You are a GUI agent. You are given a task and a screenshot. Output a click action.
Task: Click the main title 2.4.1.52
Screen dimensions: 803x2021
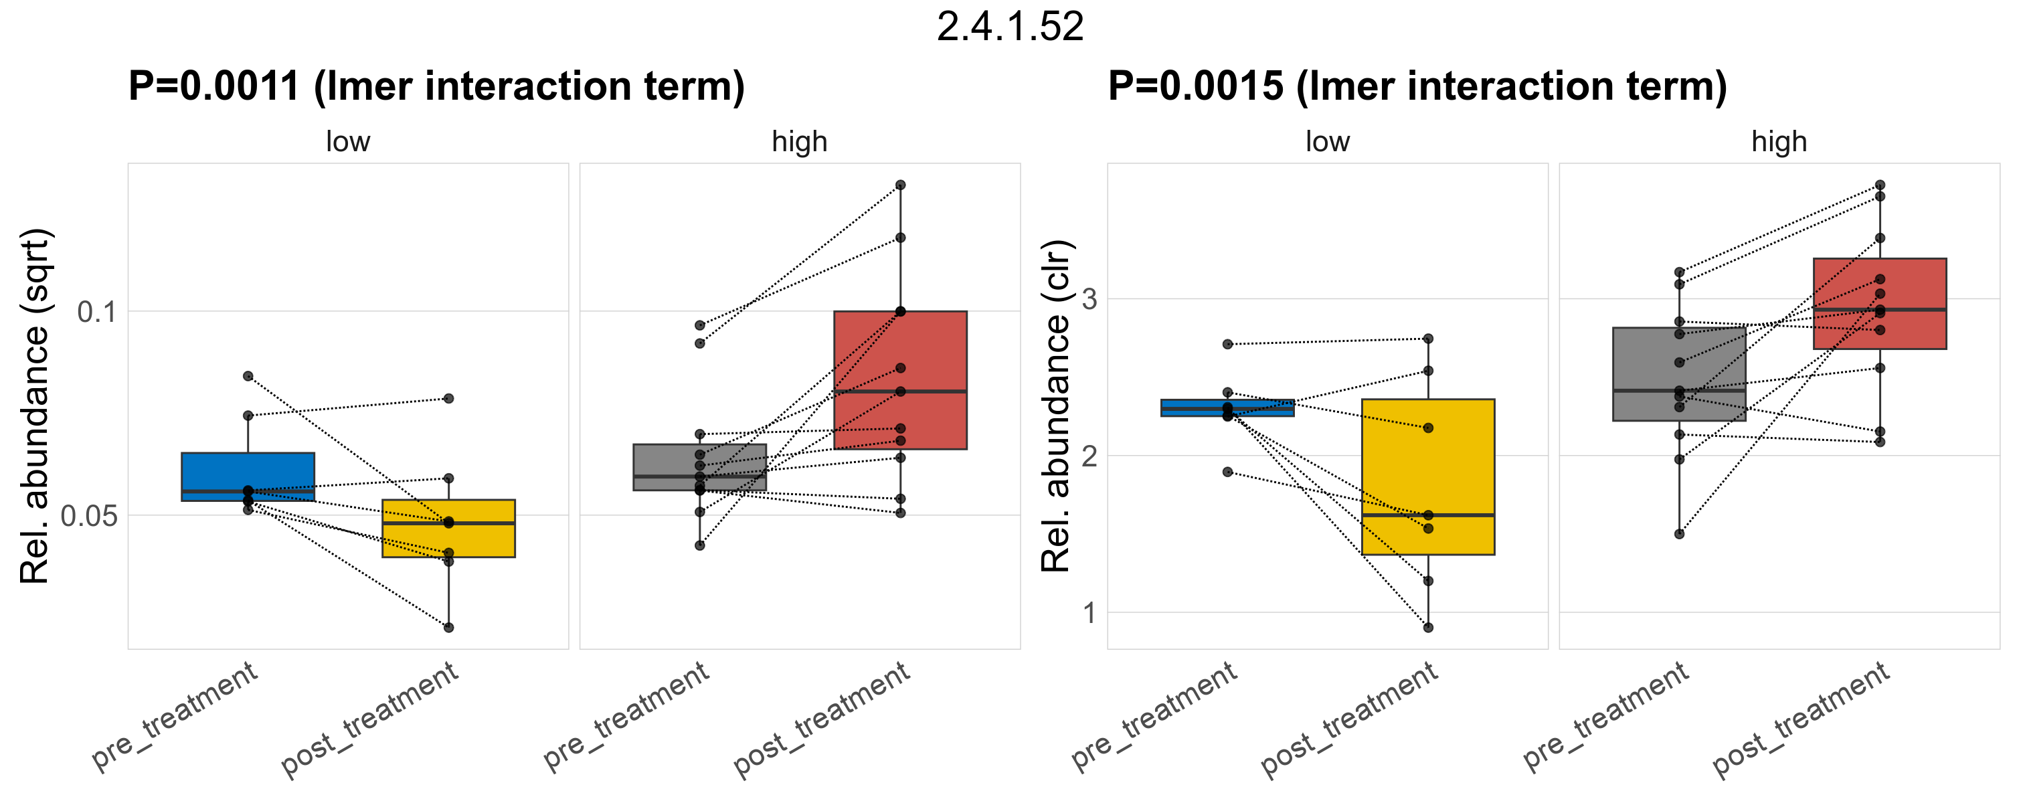pyautogui.click(x=1010, y=27)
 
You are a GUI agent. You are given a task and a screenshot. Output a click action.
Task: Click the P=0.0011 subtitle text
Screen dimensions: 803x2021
pyautogui.click(x=436, y=86)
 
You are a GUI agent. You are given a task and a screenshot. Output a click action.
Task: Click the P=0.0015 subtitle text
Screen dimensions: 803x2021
pyautogui.click(x=1417, y=86)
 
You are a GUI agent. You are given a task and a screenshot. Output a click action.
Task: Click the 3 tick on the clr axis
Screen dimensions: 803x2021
pyautogui.click(x=1089, y=298)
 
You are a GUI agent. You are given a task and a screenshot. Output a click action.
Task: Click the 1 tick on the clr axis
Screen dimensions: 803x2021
pyautogui.click(x=1089, y=612)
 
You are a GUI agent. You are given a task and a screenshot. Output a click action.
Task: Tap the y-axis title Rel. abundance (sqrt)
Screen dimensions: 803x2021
pyautogui.click(x=35, y=406)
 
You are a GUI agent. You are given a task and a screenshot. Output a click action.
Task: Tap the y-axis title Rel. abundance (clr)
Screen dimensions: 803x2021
pyautogui.click(x=1056, y=406)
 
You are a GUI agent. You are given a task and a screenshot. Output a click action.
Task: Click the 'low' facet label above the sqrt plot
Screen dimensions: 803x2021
pyautogui.click(x=347, y=142)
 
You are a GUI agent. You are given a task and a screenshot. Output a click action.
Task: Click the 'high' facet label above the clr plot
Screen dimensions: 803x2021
pyautogui.click(x=1779, y=142)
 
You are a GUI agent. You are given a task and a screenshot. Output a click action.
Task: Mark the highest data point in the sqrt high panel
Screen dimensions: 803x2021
pyautogui.click(x=901, y=185)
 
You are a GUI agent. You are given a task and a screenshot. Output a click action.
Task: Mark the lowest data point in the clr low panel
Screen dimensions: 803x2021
pyautogui.click(x=1428, y=628)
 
